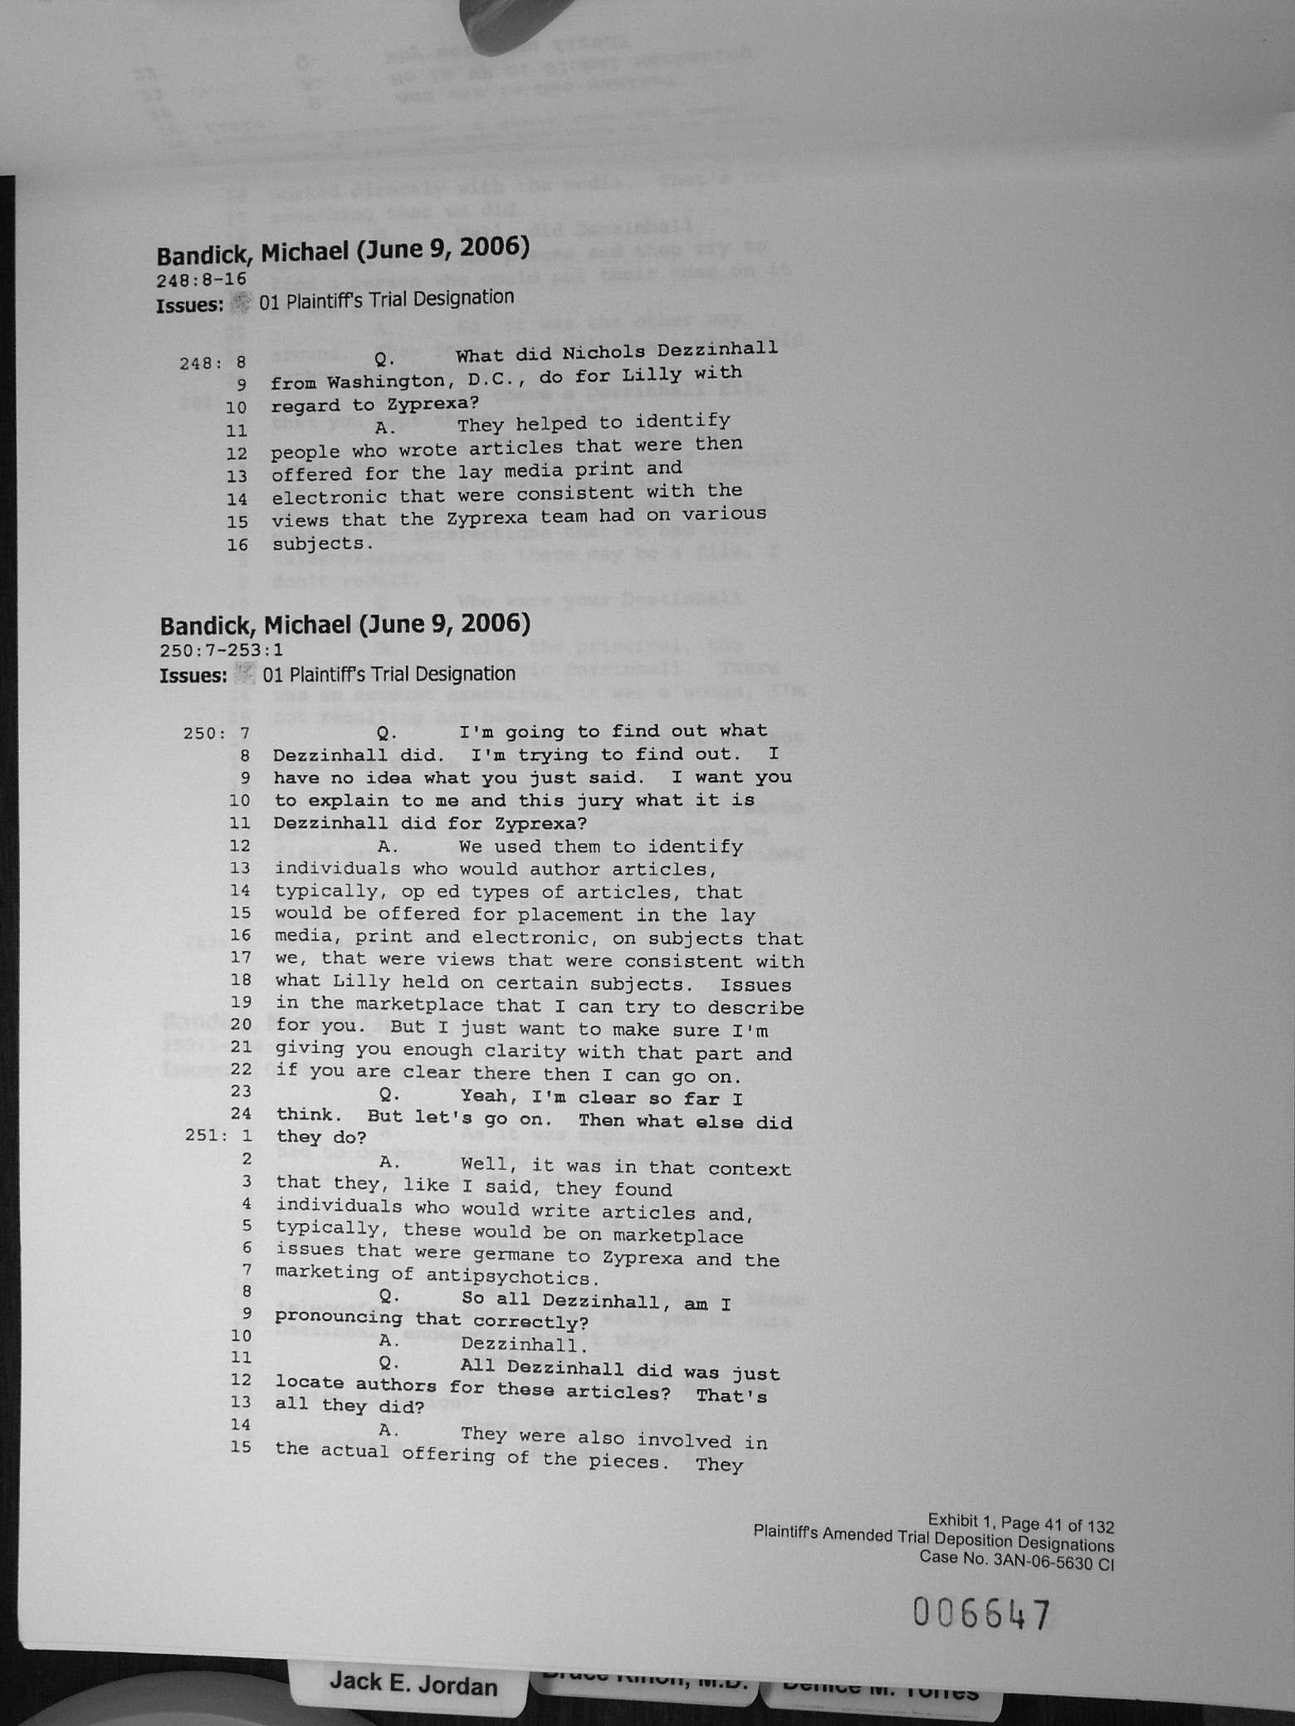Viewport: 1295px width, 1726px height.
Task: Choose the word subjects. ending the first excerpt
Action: pyautogui.click(x=318, y=544)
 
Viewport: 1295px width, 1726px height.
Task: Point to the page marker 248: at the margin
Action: pyautogui.click(x=200, y=363)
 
